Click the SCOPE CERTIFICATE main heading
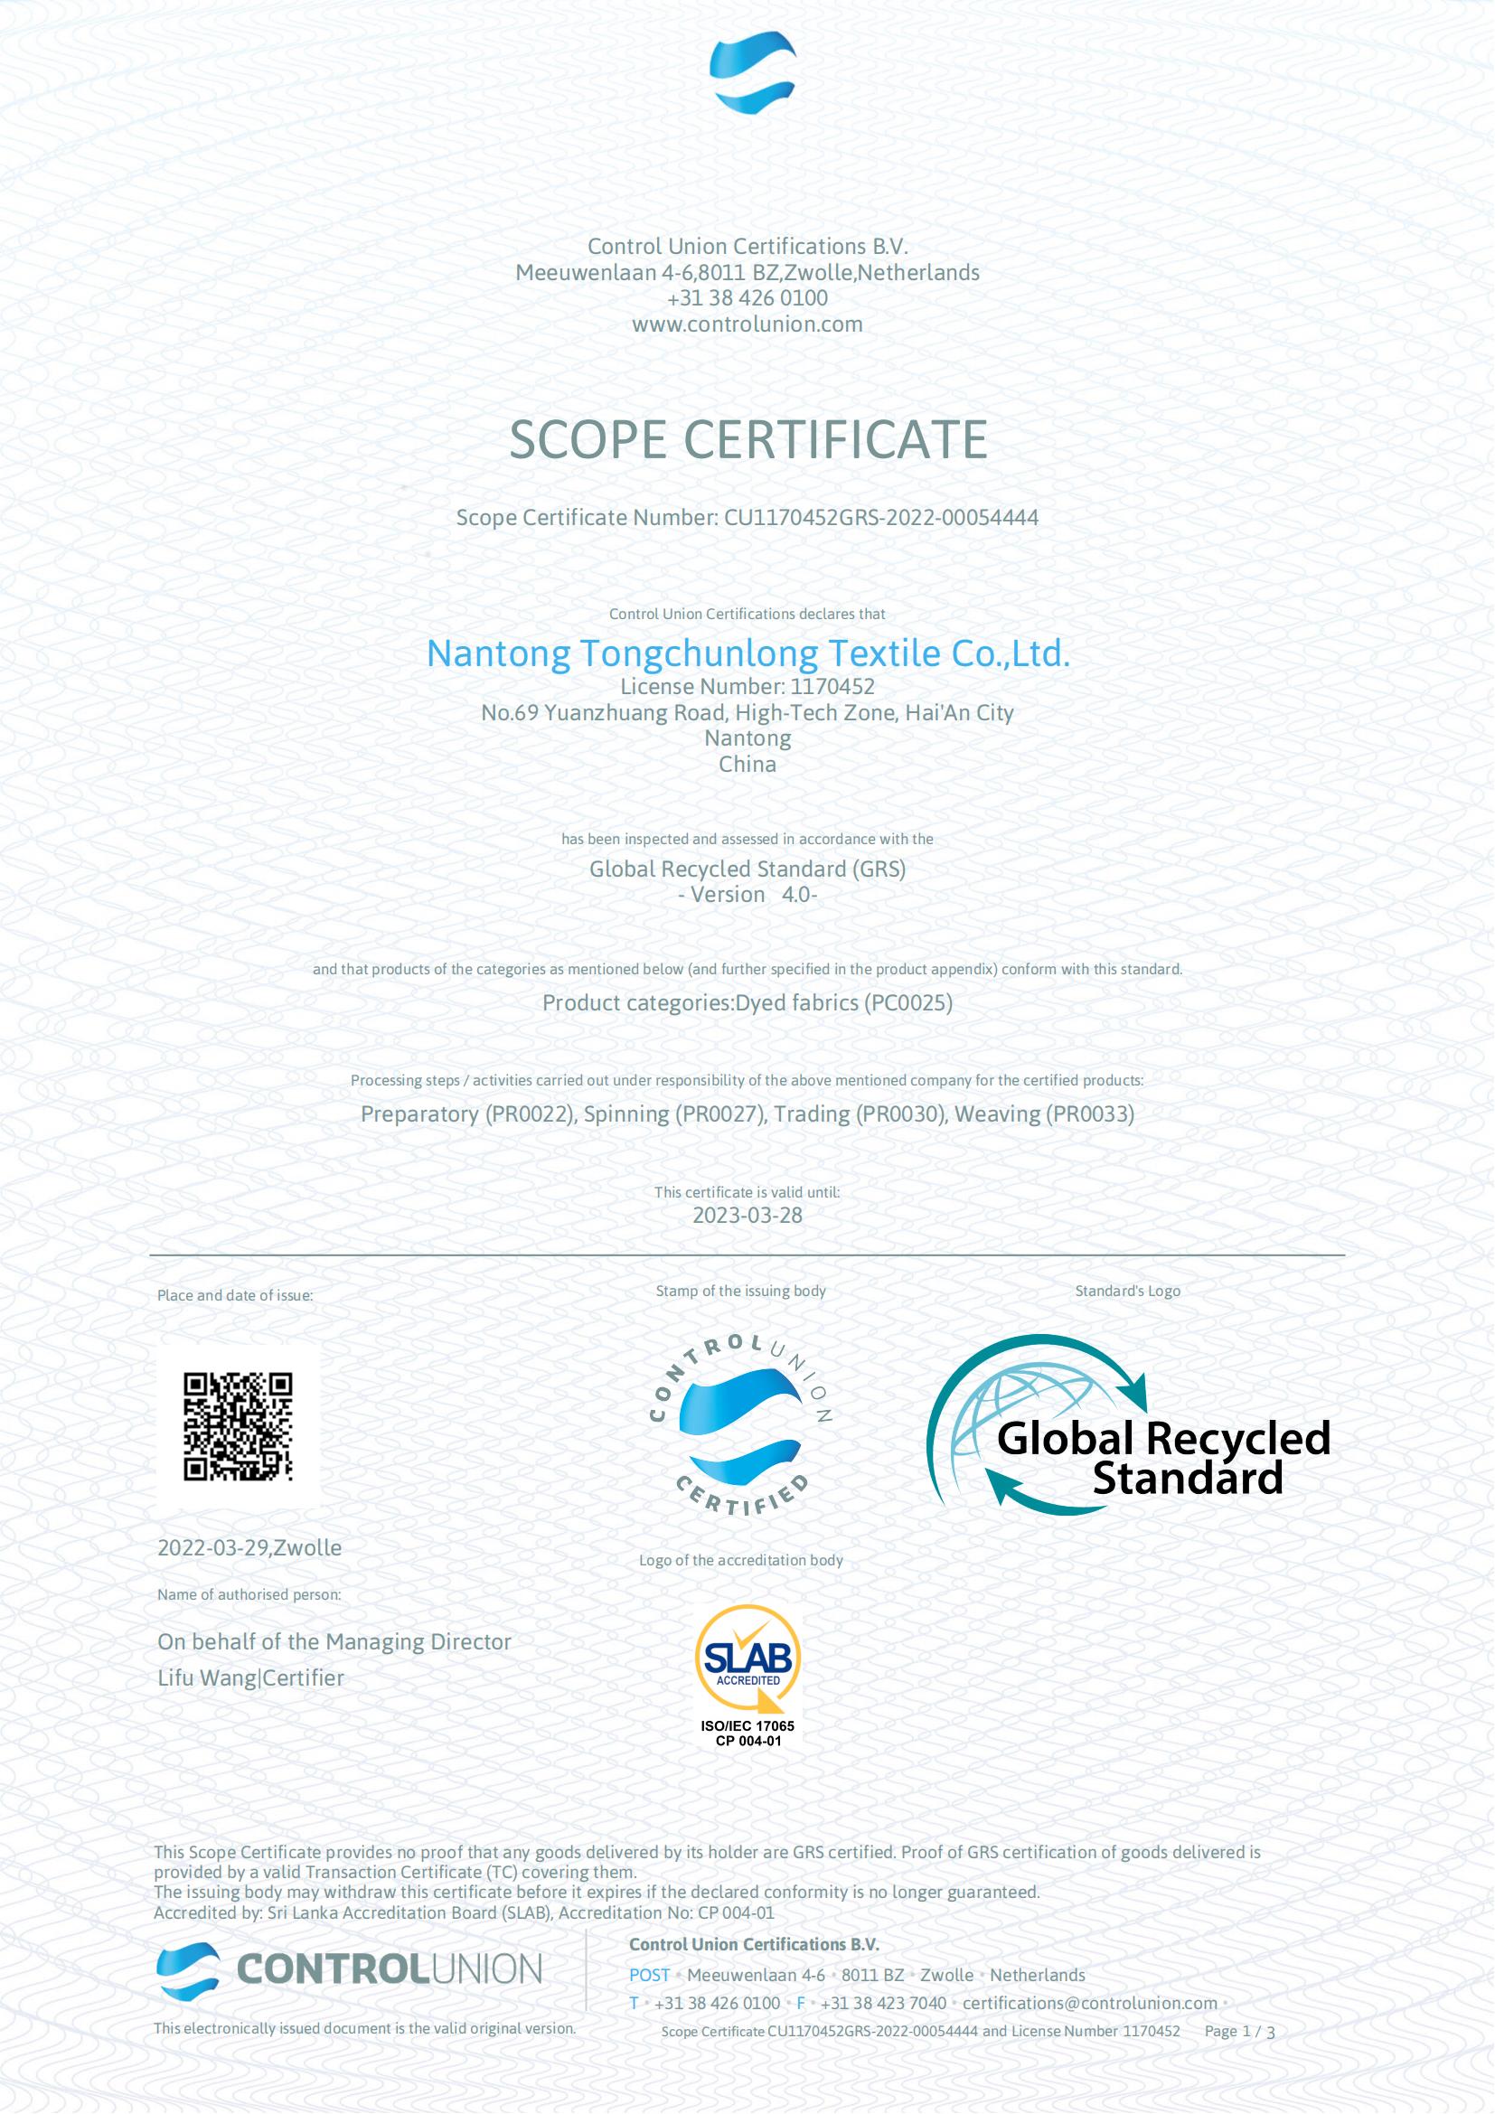click(x=747, y=439)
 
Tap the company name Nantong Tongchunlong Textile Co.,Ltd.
click(x=747, y=653)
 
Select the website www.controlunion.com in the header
click(x=747, y=324)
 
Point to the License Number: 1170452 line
click(x=747, y=686)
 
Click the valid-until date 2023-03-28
click(x=747, y=1215)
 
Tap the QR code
click(x=238, y=1426)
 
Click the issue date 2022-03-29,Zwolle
click(x=249, y=1547)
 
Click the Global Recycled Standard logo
click(x=1128, y=1424)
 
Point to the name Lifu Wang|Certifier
click(x=250, y=1677)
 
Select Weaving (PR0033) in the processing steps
click(x=1044, y=1114)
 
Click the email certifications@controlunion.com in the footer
click(x=1089, y=2003)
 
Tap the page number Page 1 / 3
click(x=1239, y=2030)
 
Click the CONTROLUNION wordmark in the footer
click(x=390, y=1968)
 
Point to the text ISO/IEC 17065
click(x=747, y=1725)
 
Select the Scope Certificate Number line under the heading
click(x=747, y=518)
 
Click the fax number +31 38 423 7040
click(x=883, y=2003)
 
